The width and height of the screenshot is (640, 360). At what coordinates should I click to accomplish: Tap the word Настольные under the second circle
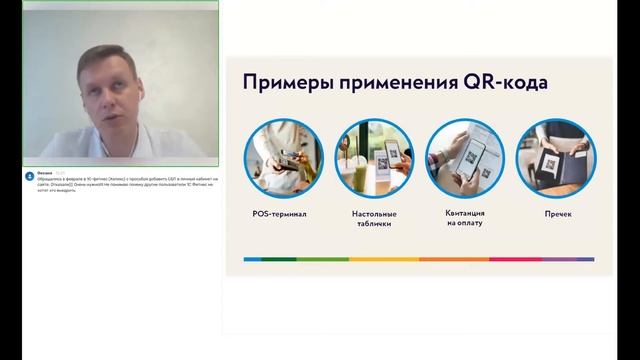374,214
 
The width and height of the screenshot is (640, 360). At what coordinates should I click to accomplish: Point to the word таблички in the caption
374,225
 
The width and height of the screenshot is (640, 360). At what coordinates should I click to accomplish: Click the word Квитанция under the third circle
465,214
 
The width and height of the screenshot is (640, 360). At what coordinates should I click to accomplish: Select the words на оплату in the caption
465,225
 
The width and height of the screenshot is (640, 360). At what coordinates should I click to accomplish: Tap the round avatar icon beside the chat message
30,176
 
